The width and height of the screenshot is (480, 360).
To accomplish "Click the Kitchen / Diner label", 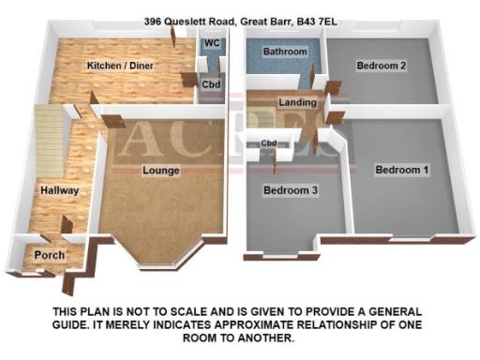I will point(120,66).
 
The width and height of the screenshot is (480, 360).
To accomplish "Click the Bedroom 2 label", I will point(380,66).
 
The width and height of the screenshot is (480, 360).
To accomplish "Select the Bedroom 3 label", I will point(289,190).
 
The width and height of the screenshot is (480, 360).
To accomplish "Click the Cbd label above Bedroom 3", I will point(270,142).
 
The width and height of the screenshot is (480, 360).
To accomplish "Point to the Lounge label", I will point(160,171).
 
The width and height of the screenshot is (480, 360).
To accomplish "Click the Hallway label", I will point(59,190).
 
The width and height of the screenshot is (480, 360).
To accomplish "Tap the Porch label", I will point(47,255).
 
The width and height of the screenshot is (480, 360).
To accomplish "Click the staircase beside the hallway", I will point(49,141).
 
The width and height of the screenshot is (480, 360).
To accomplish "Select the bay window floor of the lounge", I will point(159,248).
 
